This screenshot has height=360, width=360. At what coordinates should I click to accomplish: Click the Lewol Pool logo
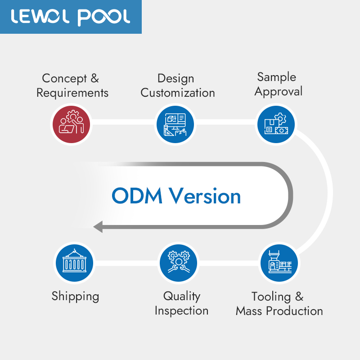71,17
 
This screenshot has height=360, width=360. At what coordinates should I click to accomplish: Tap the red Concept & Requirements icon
72,125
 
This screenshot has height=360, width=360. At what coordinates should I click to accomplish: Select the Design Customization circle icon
175,125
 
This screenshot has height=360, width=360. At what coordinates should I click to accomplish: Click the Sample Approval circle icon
276,125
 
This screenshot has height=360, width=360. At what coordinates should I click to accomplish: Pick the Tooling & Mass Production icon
279,263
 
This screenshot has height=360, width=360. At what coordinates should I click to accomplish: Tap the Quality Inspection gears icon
178,263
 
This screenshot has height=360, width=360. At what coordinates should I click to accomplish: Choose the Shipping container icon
75,263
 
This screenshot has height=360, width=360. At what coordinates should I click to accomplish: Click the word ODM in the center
137,196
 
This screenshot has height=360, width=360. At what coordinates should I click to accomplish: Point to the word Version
205,196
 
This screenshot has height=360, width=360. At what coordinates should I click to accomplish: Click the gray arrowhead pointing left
98,227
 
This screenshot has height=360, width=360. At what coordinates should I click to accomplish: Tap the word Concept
64,79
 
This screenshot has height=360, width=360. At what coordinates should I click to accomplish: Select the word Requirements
72,93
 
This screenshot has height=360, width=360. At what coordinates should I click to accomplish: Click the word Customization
178,93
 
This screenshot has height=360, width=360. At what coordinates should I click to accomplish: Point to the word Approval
278,92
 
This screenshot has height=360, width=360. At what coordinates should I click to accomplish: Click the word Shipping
75,296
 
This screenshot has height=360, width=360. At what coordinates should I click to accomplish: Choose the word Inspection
182,311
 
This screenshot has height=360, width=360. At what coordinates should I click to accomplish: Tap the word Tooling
271,297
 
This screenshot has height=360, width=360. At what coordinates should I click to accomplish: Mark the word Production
294,311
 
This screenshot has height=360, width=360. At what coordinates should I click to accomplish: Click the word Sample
276,77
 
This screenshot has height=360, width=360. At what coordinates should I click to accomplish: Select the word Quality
182,296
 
